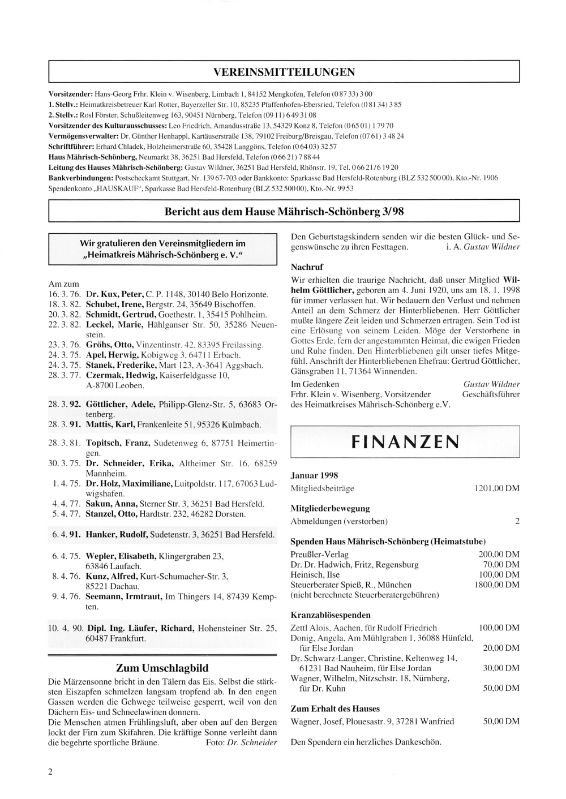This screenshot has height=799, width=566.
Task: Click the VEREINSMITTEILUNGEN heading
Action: point(284,72)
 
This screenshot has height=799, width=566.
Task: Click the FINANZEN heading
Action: point(405,441)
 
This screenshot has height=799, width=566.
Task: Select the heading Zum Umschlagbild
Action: point(162,668)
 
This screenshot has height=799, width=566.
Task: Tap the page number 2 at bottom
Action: point(51,772)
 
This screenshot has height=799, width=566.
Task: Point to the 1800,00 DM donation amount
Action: point(496,585)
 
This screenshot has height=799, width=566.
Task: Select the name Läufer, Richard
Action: point(161,628)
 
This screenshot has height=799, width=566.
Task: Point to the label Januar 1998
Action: point(314,475)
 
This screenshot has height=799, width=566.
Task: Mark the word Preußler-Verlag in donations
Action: point(319,554)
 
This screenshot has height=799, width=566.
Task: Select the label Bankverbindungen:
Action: point(80,178)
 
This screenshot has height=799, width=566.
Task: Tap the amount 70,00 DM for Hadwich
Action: point(501,564)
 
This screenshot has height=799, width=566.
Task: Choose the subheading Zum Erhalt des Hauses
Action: point(335,708)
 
